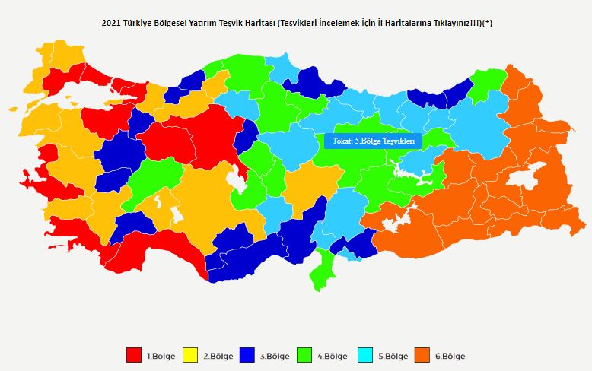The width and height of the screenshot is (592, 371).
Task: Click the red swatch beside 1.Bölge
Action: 134,355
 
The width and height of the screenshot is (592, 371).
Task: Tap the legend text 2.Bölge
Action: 218,356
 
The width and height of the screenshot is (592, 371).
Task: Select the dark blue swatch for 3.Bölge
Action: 248,355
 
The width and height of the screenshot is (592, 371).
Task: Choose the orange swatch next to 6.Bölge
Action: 423,355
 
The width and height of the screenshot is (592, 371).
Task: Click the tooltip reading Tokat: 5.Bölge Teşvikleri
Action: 372,141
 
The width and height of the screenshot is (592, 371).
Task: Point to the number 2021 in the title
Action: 111,23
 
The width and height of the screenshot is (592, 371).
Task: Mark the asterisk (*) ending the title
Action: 488,23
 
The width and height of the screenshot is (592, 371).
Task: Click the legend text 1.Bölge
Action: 161,356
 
